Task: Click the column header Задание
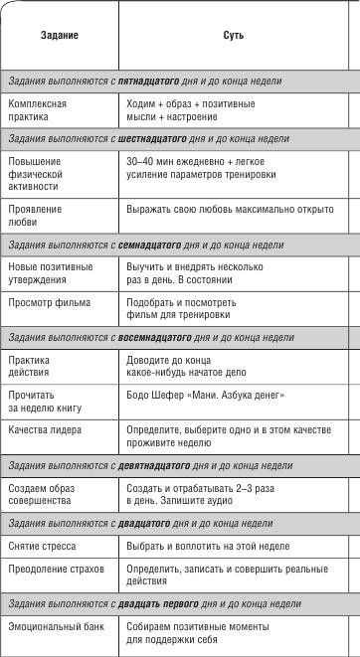pyautogui.click(x=59, y=35)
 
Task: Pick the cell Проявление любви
pyautogui.click(x=35, y=216)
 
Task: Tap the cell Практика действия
pyautogui.click(x=35, y=367)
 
